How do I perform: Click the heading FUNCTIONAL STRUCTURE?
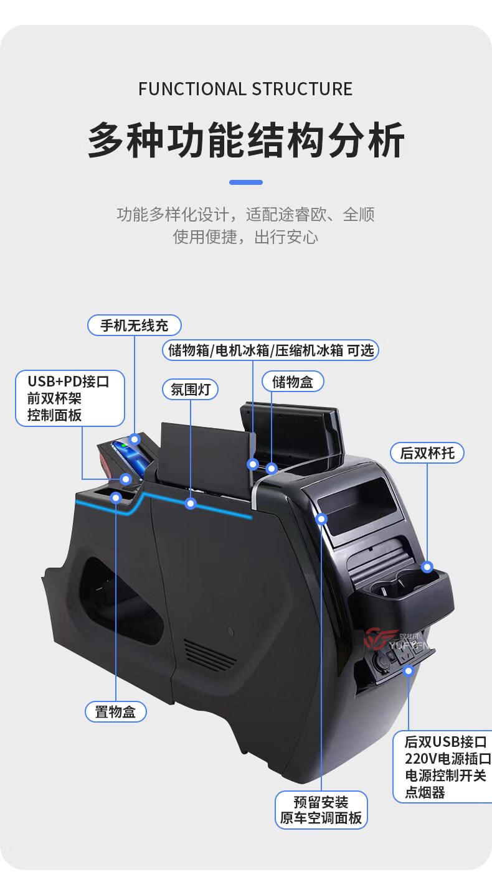click(245, 89)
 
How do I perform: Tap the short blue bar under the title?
click(245, 182)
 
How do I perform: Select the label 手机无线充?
click(134, 325)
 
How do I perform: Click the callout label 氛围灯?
click(190, 390)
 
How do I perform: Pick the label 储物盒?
click(292, 382)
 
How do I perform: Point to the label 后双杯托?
click(427, 452)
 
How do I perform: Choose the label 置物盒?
click(115, 711)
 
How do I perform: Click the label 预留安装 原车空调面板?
click(321, 810)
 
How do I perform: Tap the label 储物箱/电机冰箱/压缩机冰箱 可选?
click(271, 350)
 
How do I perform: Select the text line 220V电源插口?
click(447, 759)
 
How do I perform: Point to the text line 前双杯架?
click(55, 398)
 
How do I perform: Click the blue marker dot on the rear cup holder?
click(427, 566)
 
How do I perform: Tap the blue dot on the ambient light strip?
click(191, 503)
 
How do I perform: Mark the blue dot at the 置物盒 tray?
click(116, 497)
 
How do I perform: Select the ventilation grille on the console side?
click(210, 654)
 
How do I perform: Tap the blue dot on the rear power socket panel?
click(409, 670)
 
